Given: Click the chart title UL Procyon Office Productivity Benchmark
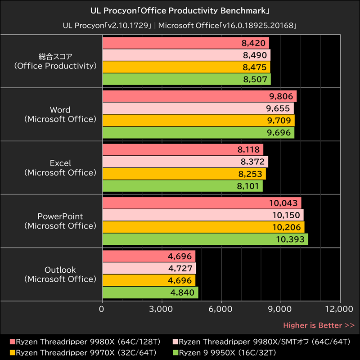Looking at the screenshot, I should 180,9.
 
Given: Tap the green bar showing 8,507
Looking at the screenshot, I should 186,80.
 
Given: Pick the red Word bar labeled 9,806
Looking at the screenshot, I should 199,96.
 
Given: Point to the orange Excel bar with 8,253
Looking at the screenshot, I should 184,174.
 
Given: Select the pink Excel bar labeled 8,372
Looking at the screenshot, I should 185,162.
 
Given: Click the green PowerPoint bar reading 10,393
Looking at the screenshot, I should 205,239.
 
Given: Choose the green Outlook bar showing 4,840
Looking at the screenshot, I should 150,292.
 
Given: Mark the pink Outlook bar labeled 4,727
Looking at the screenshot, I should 149,268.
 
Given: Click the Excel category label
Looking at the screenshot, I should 60,167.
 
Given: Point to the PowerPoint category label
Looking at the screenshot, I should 60,221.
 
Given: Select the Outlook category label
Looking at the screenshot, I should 60,274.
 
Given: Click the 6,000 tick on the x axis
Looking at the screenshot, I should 221,309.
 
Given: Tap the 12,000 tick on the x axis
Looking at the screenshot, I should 340,309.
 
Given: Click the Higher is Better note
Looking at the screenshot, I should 319,325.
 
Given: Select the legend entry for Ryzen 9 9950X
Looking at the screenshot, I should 227,352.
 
